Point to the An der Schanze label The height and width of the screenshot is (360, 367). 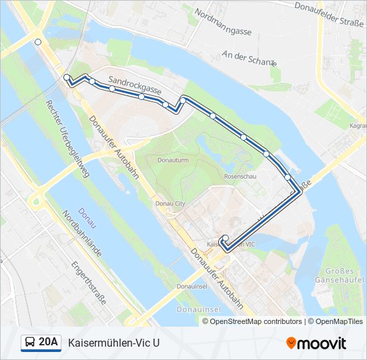coord(249,58)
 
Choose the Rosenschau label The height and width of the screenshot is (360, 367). coord(241,177)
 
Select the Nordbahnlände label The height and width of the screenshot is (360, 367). coord(80,234)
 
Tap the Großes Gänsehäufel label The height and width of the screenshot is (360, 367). coord(344,275)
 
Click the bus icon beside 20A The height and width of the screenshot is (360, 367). coord(29,343)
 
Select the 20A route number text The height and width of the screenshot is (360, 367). coord(49,343)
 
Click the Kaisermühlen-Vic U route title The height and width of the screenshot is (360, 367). coord(114,343)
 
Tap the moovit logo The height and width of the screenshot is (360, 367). coord(316,343)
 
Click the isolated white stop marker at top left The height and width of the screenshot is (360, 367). coord(38,42)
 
